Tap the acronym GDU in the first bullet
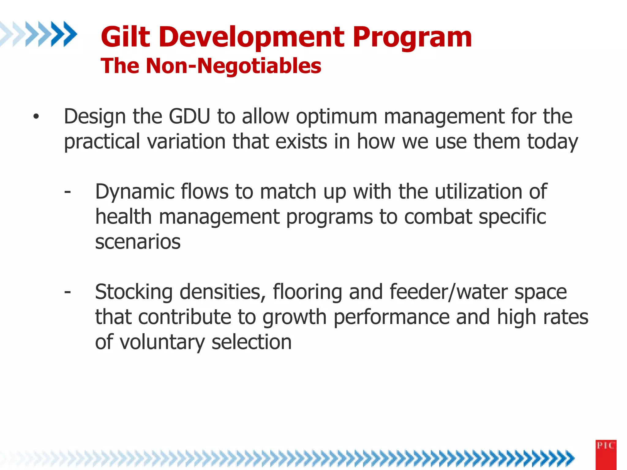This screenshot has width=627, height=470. pyautogui.click(x=190, y=117)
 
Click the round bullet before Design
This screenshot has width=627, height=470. pyautogui.click(x=36, y=117)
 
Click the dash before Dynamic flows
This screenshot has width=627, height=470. pyautogui.click(x=68, y=192)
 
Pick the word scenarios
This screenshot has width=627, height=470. pyautogui.click(x=138, y=242)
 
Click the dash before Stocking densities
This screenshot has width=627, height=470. pyautogui.click(x=68, y=292)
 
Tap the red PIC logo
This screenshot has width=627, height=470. pyautogui.click(x=606, y=454)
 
